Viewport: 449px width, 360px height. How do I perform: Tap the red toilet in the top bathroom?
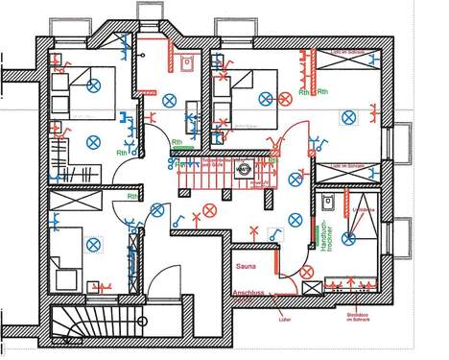pyautogui.click(x=185, y=63)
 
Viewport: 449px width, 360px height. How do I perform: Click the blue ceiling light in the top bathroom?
pyautogui.click(x=169, y=97)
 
